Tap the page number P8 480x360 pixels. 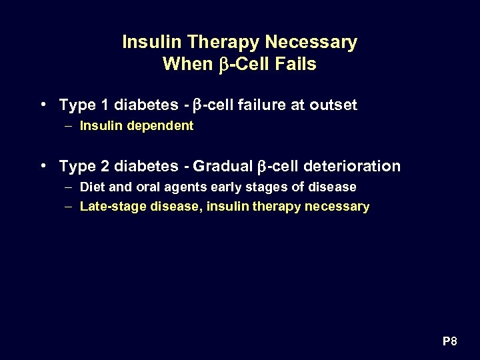[x=450, y=342]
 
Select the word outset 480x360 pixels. [x=333, y=105]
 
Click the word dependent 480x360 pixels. [x=163, y=125]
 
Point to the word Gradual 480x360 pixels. [x=223, y=166]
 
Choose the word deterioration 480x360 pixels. [x=354, y=166]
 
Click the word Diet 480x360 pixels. [x=91, y=187]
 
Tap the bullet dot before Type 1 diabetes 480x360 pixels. [x=43, y=104]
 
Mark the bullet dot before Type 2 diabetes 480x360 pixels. [x=43, y=165]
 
